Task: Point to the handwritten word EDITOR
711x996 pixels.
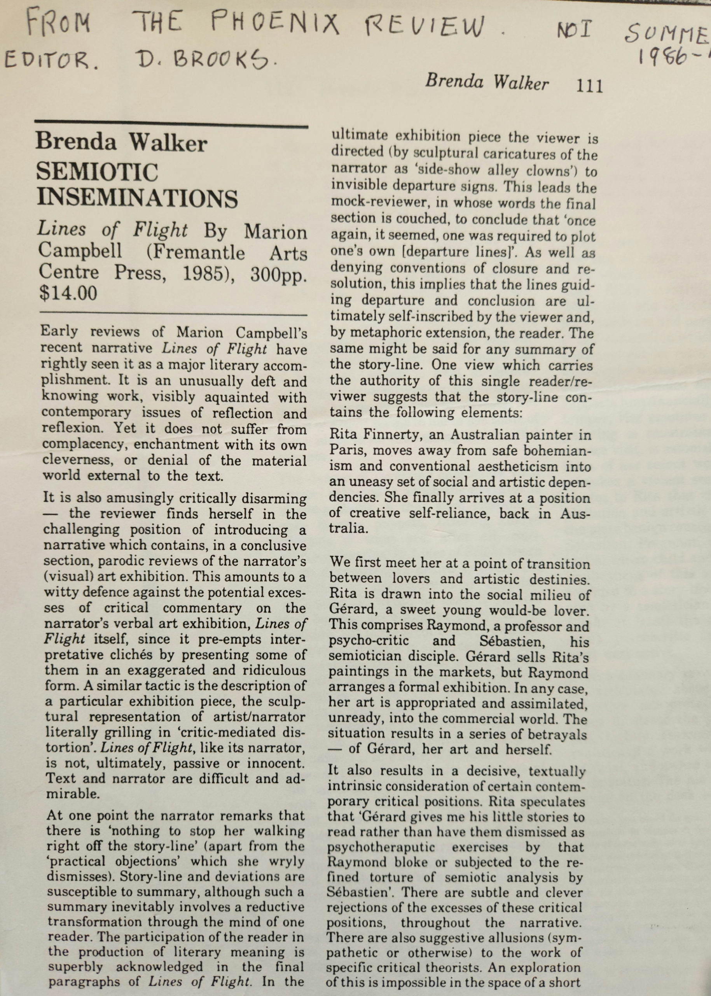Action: [x=51, y=59]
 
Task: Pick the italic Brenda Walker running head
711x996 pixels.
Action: [x=486, y=82]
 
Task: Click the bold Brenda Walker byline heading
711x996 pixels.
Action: [x=121, y=143]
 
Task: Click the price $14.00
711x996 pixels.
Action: [x=68, y=293]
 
